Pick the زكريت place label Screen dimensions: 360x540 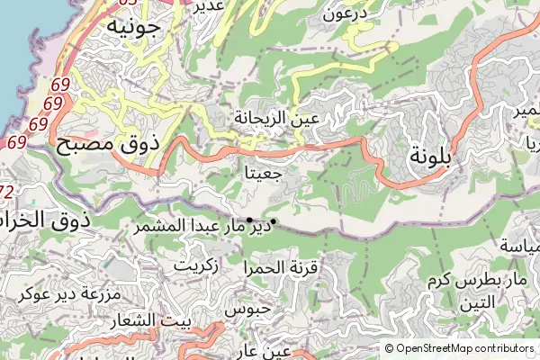pyautogui.click(x=195, y=266)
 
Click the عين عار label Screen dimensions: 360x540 pyautogui.click(x=266, y=351)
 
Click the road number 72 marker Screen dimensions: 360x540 pyautogui.click(x=6, y=192)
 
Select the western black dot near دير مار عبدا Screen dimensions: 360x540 pyautogui.click(x=249, y=219)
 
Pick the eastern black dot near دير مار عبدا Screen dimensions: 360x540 pyautogui.click(x=273, y=222)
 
